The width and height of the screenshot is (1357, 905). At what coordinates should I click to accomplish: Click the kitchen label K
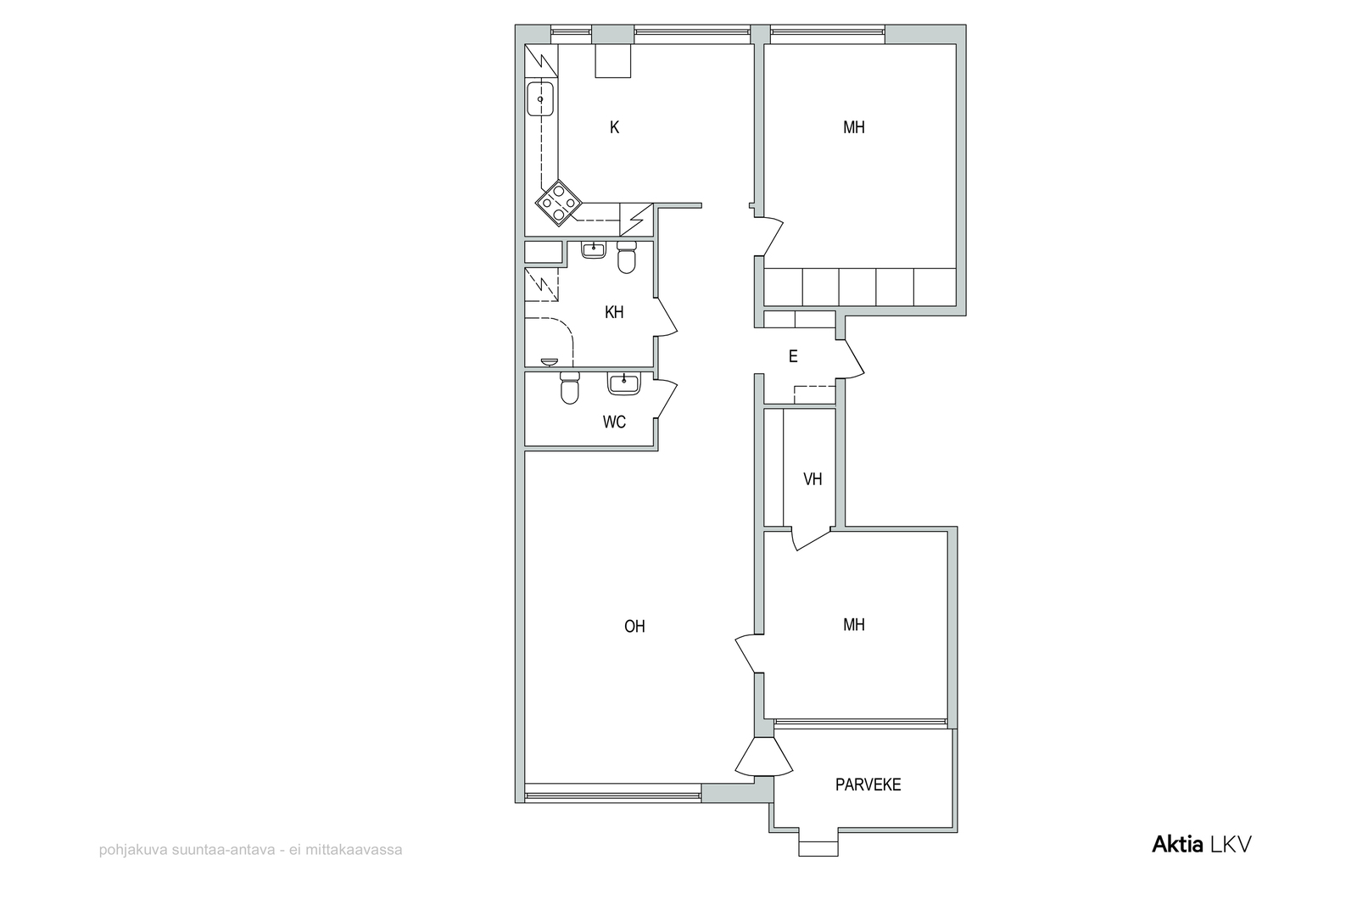[x=614, y=128]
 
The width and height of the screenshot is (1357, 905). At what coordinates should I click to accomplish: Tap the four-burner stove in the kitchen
[x=135, y=203]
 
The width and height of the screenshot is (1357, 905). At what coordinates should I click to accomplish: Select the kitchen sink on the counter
[x=116, y=98]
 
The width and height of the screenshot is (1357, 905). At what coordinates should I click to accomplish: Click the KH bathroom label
[x=614, y=313]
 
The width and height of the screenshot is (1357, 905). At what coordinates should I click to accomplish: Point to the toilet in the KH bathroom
[x=627, y=258]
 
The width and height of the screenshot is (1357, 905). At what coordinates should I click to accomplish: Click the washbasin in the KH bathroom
[x=593, y=249]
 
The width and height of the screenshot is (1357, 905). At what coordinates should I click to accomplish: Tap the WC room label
[x=614, y=422]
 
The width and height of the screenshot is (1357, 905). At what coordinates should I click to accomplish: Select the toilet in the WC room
[x=570, y=388]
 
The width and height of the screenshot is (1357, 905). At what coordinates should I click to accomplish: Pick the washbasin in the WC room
[x=623, y=383]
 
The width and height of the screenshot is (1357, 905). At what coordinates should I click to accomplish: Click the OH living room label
[x=634, y=626]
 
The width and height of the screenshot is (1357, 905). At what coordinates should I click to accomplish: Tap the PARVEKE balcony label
[x=868, y=785]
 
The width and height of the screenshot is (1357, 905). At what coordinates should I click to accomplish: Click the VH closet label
[x=813, y=479]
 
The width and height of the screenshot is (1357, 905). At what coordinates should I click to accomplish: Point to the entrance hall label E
[x=793, y=357]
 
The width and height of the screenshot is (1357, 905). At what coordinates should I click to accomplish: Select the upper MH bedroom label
[x=854, y=127]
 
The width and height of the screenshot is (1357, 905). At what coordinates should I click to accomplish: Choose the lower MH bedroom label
[x=854, y=624]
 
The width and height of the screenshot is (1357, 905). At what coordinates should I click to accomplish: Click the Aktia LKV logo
[x=1201, y=845]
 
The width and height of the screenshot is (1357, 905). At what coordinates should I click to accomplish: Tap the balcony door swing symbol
[x=764, y=757]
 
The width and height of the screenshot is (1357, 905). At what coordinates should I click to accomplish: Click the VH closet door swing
[x=811, y=539]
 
